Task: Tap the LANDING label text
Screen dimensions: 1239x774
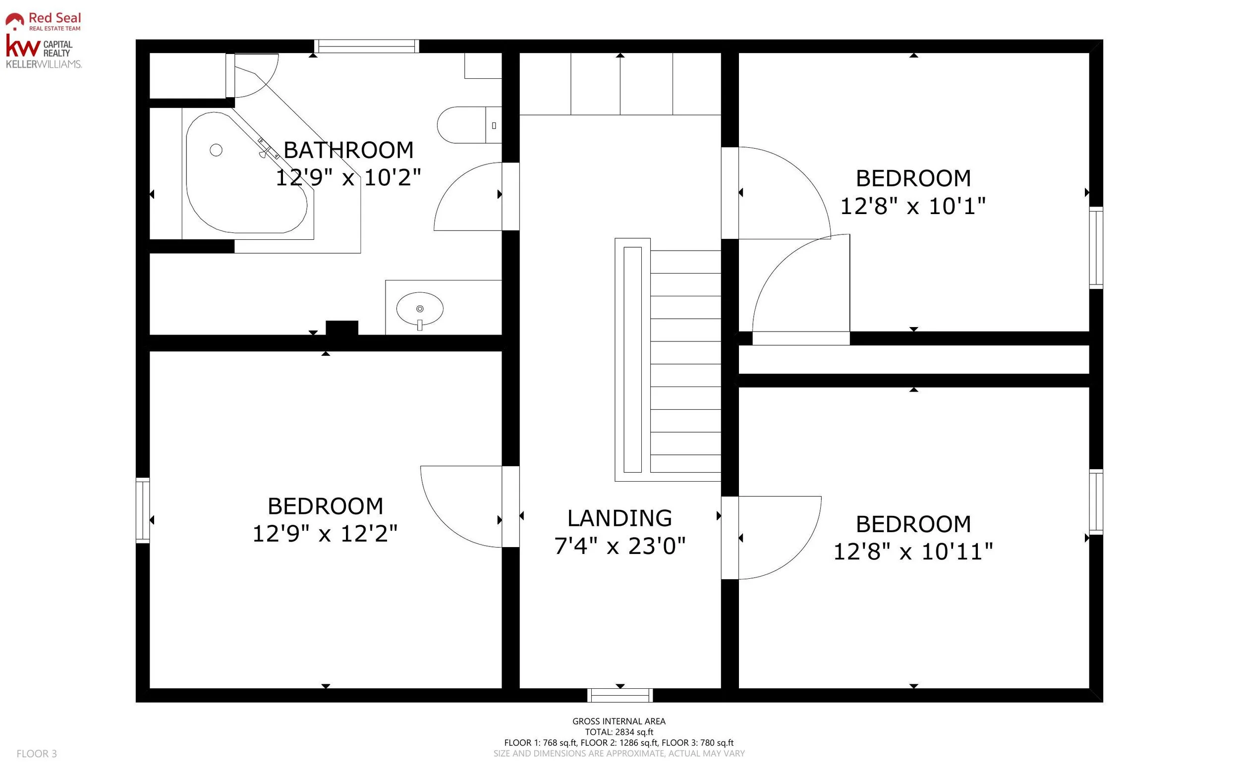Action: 619,518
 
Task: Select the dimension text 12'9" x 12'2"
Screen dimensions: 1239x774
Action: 325,533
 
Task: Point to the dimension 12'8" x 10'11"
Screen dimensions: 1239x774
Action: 913,552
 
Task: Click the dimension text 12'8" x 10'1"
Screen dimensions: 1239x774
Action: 913,206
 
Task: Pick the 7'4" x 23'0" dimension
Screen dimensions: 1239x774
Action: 619,546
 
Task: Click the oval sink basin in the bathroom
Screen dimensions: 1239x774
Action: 420,309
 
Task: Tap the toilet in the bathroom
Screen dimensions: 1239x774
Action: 469,125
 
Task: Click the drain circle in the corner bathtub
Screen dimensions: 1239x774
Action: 216,150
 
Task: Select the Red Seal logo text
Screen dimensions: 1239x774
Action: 55,18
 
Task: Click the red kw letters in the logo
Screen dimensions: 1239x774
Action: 23,46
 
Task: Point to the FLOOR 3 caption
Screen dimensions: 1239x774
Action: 37,754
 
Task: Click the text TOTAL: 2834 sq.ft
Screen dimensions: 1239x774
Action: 619,732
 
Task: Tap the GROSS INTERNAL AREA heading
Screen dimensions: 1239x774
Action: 619,721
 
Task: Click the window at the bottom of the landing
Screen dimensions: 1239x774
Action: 620,695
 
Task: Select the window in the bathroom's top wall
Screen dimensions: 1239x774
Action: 367,46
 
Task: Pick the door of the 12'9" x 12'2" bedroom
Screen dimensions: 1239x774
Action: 440,522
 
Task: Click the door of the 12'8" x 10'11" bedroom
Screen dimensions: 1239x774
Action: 799,555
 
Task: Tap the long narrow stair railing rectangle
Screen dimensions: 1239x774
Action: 633,360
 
